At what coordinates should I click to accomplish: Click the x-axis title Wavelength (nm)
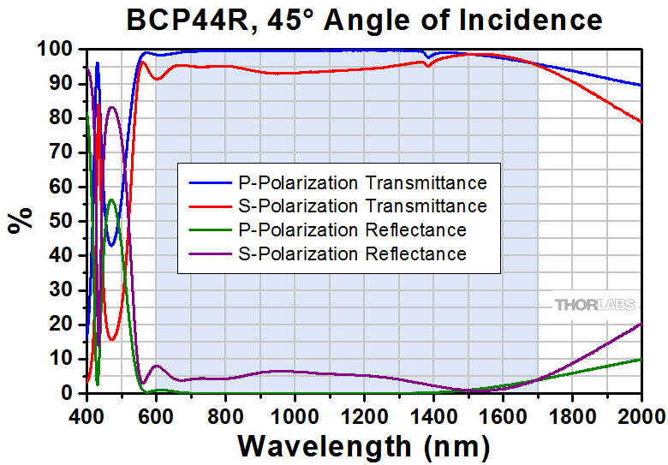pyautogui.click(x=364, y=445)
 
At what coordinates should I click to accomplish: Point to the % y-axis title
pyautogui.click(x=19, y=220)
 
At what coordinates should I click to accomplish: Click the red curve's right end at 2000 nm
pyautogui.click(x=641, y=122)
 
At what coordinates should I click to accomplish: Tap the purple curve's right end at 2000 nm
pyautogui.click(x=641, y=324)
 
